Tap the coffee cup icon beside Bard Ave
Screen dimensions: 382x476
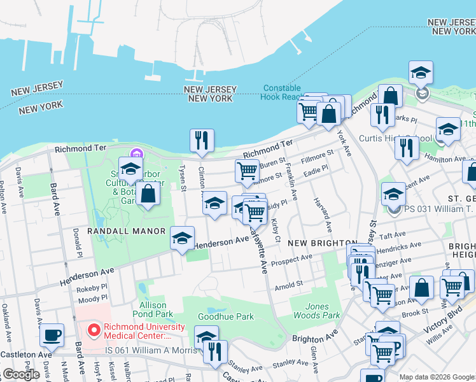[x=52, y=334]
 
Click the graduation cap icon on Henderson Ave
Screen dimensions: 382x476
[x=183, y=239]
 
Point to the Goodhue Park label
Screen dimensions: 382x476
[x=226, y=316]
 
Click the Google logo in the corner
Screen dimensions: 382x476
[x=21, y=374]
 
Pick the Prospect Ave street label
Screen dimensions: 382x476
[x=291, y=260]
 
